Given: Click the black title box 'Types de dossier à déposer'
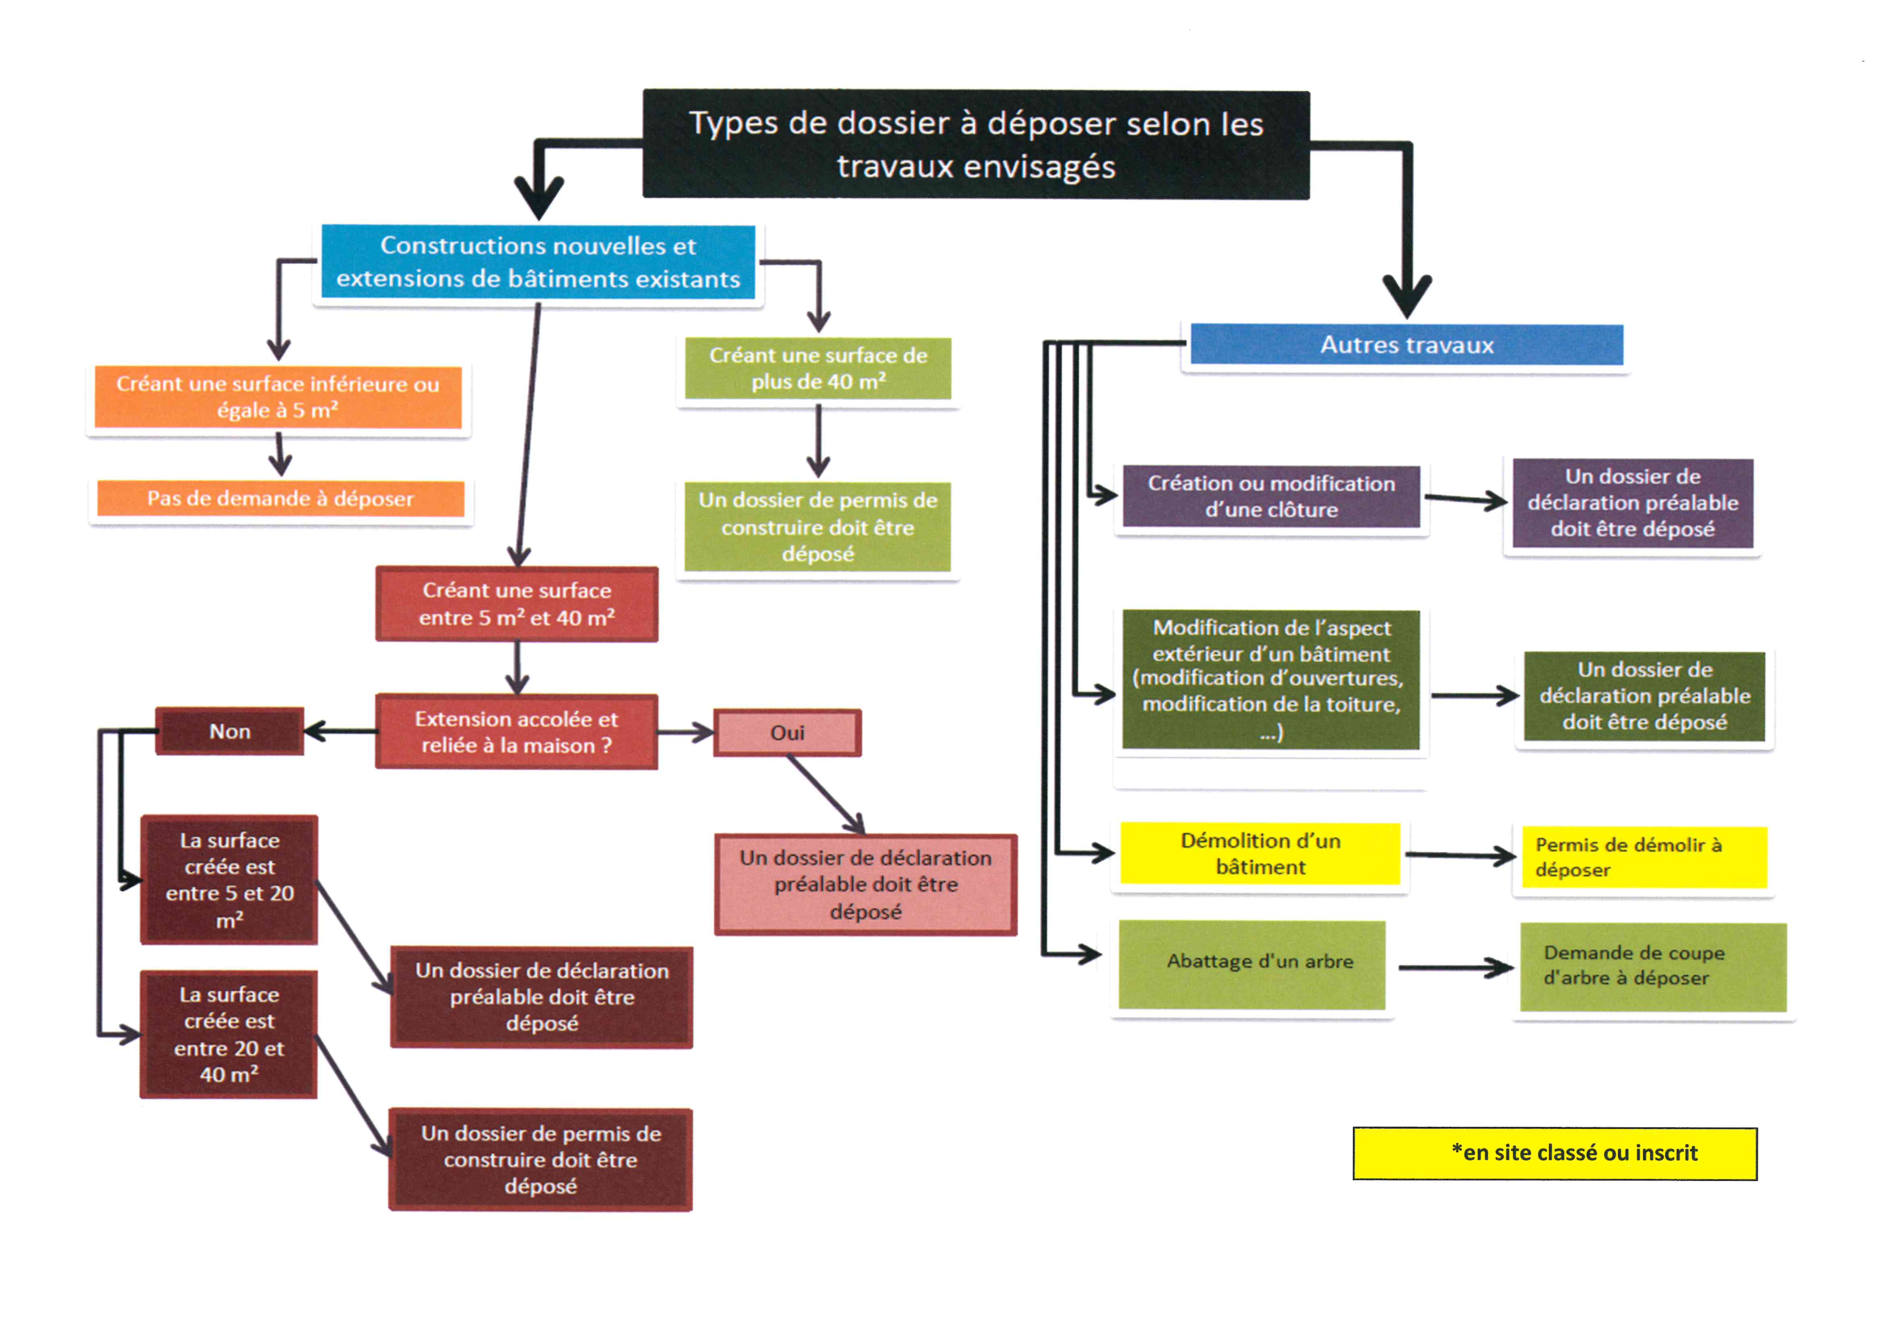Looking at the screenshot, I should pos(976,145).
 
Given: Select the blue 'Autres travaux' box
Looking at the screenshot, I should pos(1407,345).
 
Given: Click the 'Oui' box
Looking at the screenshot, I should pos(787,732).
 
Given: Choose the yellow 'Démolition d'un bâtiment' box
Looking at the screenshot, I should pos(1260,853).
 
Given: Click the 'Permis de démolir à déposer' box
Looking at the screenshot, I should pos(1643,857).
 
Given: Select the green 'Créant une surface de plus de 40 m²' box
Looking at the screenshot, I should pos(818,369).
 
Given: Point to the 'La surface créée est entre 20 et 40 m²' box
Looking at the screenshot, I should pos(229,1034).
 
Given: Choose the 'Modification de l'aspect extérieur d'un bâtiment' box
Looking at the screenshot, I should pos(1271,679).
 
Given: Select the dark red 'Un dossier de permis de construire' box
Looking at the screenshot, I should pos(541,1160).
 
